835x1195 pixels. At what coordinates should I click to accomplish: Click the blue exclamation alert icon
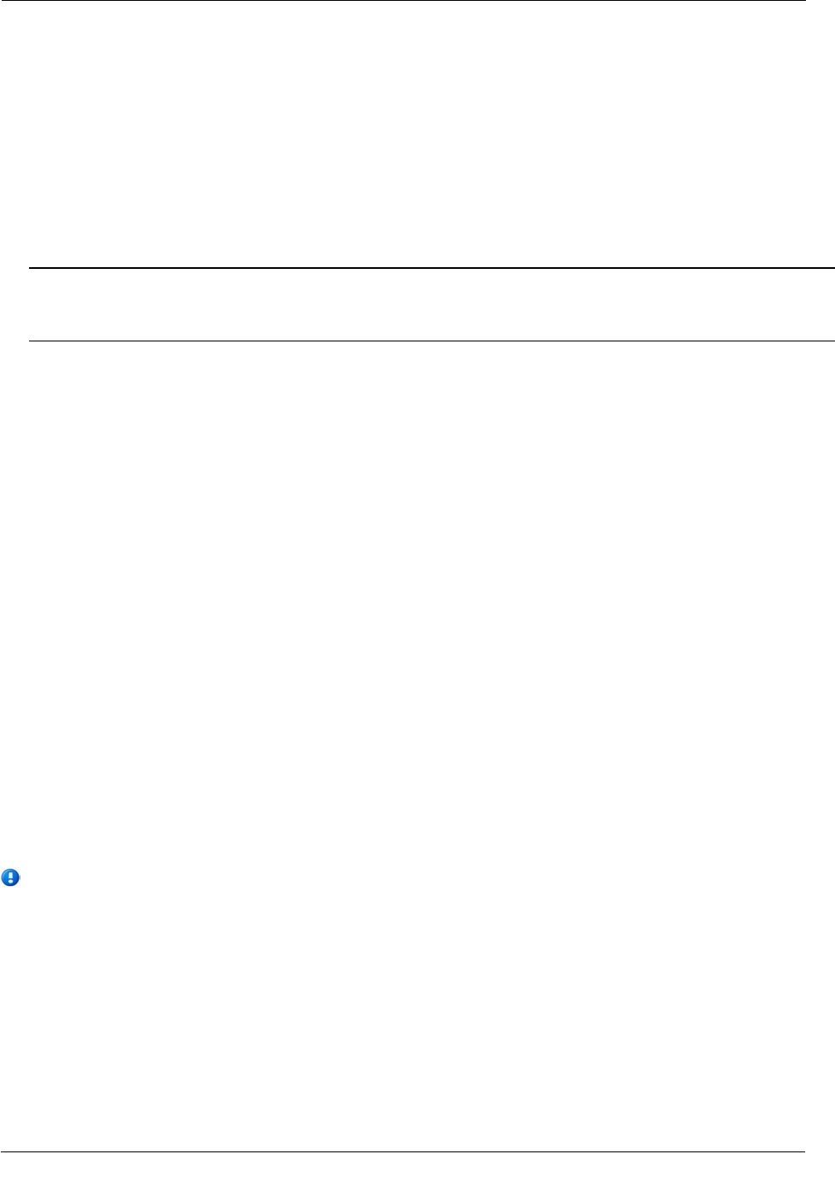pos(10,877)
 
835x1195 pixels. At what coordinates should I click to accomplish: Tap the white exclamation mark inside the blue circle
pos(10,877)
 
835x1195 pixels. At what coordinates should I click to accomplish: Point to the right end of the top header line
pos(803,1)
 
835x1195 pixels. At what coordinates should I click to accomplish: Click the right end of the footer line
pos(803,1152)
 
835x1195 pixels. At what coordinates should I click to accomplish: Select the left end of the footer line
pos(2,1152)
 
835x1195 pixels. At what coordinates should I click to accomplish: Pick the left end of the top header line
pos(2,1)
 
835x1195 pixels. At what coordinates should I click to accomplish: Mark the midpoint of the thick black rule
pos(432,269)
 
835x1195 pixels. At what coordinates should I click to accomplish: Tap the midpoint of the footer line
pos(402,1152)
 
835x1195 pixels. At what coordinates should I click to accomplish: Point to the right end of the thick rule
pos(832,269)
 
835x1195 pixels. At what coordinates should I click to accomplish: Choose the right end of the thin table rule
pos(832,341)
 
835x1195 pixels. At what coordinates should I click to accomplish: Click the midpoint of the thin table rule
pos(432,341)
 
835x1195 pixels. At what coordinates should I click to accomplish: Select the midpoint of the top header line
pos(402,1)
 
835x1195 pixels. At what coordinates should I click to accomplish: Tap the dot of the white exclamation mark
pos(10,882)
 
